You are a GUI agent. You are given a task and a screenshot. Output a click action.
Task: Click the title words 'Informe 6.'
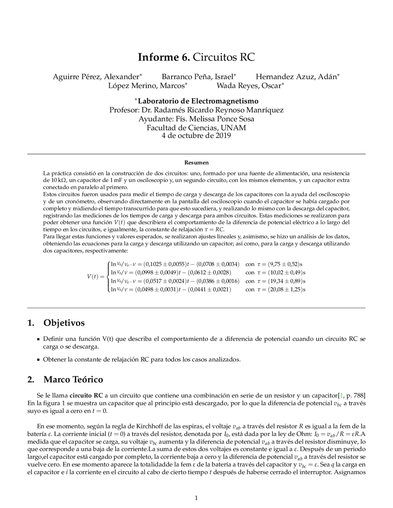tap(164, 57)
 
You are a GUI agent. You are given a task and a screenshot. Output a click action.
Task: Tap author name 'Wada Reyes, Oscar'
tap(249, 86)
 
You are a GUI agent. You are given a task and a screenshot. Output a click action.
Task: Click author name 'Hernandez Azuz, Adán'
tap(296, 77)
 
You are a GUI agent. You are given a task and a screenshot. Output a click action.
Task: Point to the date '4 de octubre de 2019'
tap(196, 136)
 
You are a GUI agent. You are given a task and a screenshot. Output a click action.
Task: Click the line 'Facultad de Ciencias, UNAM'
tap(196, 128)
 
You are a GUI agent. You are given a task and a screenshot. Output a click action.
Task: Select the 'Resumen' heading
tap(196, 163)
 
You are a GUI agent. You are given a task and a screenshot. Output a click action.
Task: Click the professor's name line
tap(196, 110)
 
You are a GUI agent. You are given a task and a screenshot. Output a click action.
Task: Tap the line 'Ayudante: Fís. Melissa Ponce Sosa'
tap(196, 119)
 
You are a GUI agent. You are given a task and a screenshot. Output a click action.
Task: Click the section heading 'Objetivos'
tap(64, 323)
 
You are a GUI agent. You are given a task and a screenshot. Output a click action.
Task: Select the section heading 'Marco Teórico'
tap(73, 379)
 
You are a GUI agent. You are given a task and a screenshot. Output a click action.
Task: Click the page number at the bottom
tap(196, 498)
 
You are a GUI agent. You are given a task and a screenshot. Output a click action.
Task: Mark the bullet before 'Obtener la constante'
tap(38, 360)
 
